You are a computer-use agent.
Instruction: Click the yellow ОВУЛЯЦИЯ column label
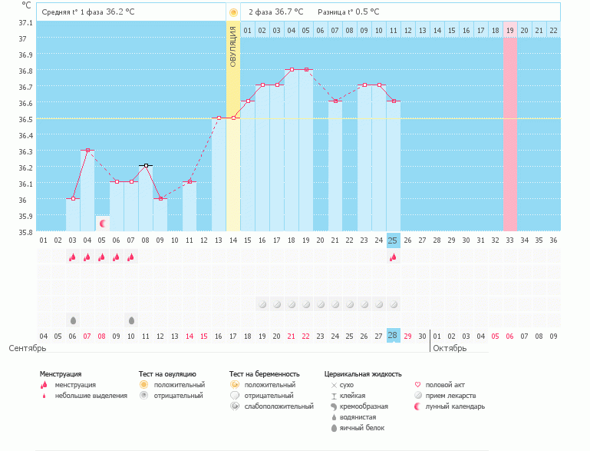pyautogui.click(x=233, y=46)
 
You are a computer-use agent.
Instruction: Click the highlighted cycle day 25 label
pyautogui.click(x=393, y=240)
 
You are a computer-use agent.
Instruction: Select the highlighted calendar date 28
pyautogui.click(x=393, y=336)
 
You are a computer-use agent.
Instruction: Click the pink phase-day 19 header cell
pyautogui.click(x=509, y=30)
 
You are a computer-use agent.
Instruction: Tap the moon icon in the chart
pyautogui.click(x=102, y=223)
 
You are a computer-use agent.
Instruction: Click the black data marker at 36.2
pyautogui.click(x=146, y=165)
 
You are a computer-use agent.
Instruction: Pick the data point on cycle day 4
pyautogui.click(x=87, y=151)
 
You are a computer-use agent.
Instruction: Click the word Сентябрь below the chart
pyautogui.click(x=28, y=348)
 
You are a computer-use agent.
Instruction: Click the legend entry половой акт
pyautogui.click(x=445, y=384)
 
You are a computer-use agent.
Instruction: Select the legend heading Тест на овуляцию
pyautogui.click(x=167, y=374)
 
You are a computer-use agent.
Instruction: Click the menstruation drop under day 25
pyautogui.click(x=393, y=257)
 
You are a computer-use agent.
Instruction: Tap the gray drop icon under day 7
pyautogui.click(x=131, y=320)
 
